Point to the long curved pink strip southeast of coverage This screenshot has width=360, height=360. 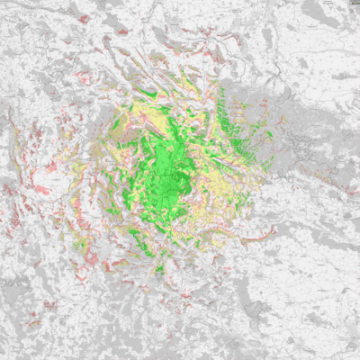pyautogui.click(x=257, y=235)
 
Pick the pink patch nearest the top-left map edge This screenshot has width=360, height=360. pyautogui.click(x=84, y=19)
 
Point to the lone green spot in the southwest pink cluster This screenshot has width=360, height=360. pyautogui.click(x=81, y=244)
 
